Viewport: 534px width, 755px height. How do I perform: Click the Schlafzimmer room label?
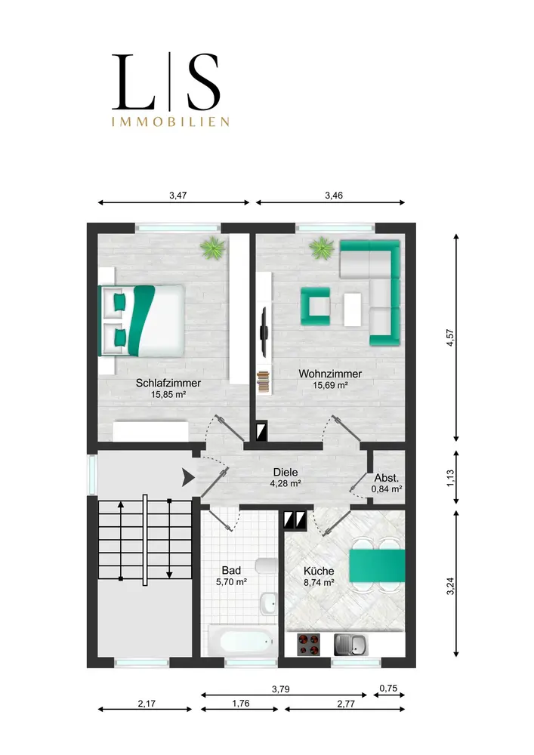tap(168, 384)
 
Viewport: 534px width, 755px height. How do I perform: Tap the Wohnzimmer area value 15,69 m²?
tap(330, 385)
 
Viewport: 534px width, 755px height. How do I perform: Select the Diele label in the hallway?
tap(286, 473)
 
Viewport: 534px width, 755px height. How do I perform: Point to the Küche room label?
tap(319, 571)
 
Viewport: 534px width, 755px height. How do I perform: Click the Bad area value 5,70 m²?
tap(232, 581)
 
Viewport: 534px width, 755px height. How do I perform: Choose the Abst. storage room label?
tap(387, 478)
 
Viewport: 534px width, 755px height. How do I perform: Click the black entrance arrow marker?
tap(188, 478)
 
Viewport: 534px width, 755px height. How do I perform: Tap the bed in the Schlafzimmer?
tap(141, 321)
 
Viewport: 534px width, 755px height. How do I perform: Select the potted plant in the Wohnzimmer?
tap(322, 248)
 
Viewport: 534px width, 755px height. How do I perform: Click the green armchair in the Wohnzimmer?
tap(316, 306)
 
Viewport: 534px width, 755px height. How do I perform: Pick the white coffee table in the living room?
tap(353, 310)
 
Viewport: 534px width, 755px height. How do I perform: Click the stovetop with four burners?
tap(309, 645)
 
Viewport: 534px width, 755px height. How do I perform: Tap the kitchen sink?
tap(350, 645)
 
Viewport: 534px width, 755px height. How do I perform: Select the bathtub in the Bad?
tap(242, 640)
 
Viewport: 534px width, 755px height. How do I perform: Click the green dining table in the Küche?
tap(377, 565)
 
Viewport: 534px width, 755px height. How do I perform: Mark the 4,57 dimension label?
tap(450, 337)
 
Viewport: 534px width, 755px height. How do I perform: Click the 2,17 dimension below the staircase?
tap(147, 704)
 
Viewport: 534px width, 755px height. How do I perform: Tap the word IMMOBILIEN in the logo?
tap(171, 122)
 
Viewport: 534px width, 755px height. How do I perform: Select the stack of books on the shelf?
tap(263, 381)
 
